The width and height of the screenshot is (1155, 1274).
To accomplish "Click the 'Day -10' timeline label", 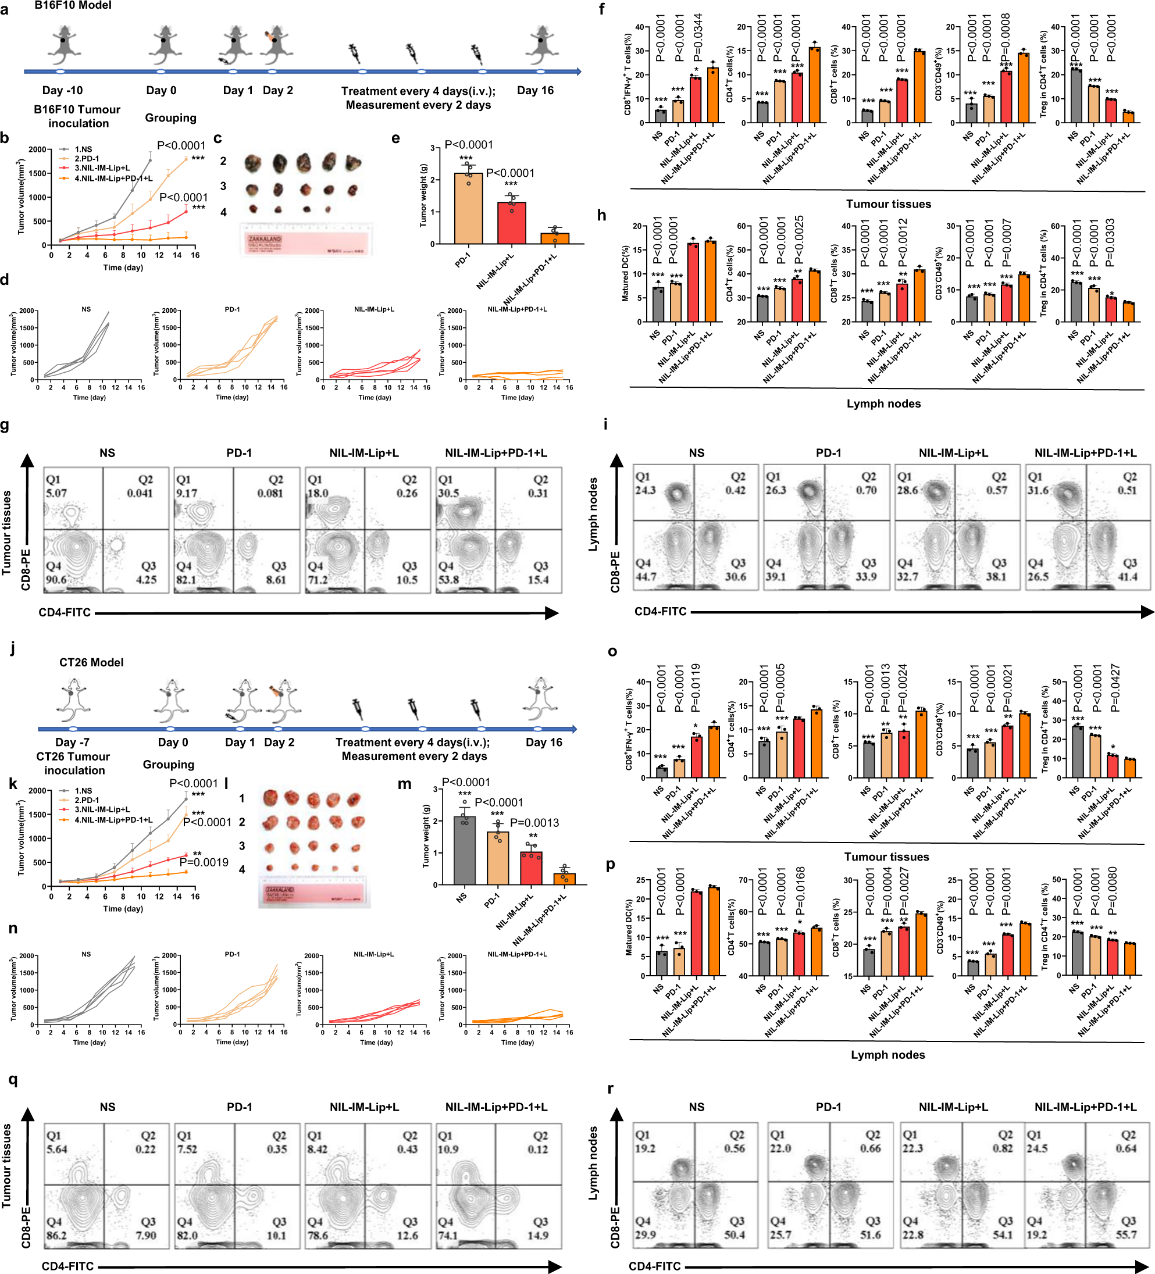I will [62, 90].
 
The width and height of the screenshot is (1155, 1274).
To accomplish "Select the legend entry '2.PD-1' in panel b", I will [86, 159].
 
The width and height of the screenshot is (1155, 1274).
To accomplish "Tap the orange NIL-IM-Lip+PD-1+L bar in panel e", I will [554, 238].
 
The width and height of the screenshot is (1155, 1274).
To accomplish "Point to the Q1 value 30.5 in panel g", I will [448, 493].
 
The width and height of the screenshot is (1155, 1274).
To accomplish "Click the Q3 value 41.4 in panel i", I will [1127, 576].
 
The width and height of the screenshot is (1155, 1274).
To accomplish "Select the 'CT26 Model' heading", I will [91, 662].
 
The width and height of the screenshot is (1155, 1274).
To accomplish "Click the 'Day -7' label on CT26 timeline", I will [72, 742].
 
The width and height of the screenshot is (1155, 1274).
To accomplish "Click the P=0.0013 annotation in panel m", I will [534, 822].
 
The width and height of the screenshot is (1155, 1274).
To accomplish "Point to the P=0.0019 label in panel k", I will [204, 862].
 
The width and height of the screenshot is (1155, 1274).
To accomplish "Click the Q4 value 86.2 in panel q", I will [56, 1235].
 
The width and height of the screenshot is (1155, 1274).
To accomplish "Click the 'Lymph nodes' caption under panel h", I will [883, 403].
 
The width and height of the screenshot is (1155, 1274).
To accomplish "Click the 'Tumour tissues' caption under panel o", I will [886, 857].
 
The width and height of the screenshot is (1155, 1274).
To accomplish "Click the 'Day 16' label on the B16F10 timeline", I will [535, 90].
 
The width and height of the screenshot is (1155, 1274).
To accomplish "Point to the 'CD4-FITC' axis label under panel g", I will [65, 612].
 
